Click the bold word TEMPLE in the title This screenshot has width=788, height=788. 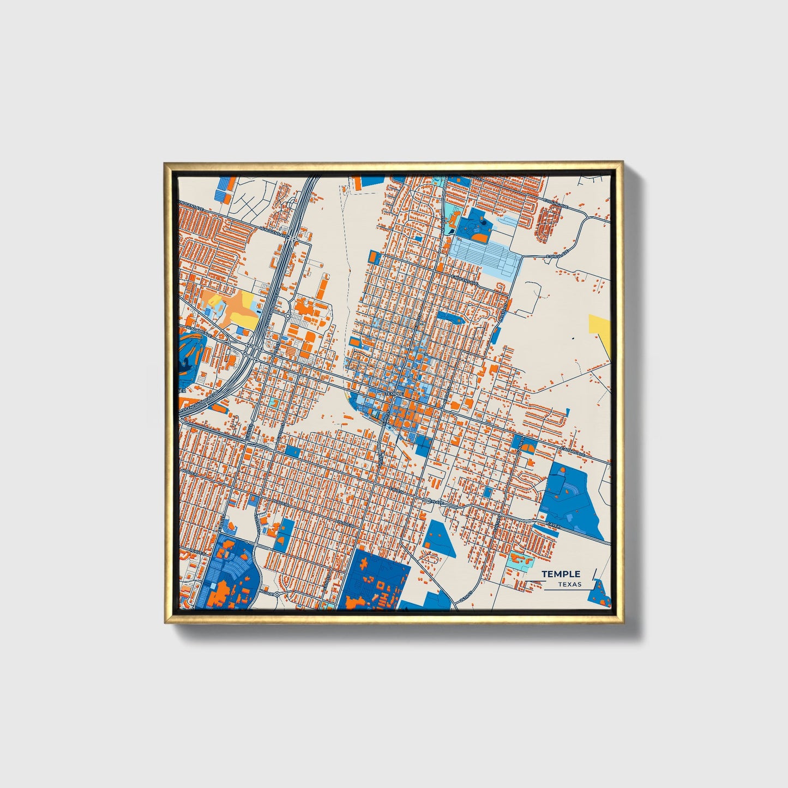[561, 574]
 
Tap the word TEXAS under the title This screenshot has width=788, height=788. [569, 584]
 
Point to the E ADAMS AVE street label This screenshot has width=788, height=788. [572, 452]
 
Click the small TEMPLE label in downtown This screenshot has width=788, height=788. [393, 393]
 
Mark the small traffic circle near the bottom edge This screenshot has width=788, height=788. [276, 593]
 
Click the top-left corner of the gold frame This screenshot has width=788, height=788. [164, 163]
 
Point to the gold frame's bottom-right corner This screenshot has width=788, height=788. [622, 622]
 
